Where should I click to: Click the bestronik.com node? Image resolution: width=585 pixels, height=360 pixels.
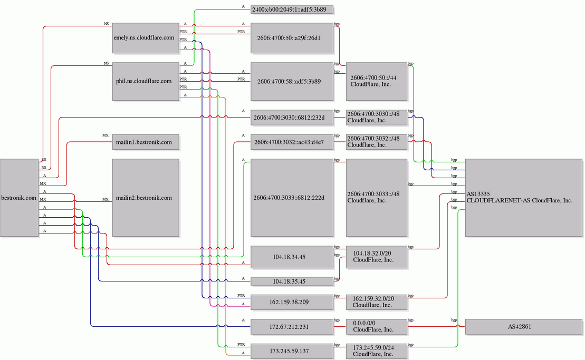[20, 198]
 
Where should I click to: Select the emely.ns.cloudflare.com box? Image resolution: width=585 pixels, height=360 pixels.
[146, 37]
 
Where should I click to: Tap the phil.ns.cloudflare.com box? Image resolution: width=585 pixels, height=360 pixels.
[146, 81]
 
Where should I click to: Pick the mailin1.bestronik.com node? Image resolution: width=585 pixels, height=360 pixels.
[146, 142]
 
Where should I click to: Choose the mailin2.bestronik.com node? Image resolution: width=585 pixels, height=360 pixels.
[146, 198]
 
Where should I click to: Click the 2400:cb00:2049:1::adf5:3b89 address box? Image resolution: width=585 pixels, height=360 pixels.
[292, 9]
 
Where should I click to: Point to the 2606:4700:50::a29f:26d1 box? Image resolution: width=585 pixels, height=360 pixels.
[292, 37]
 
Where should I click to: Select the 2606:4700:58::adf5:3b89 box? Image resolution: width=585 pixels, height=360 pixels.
[292, 81]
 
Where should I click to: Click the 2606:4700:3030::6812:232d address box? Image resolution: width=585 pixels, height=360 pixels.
[292, 118]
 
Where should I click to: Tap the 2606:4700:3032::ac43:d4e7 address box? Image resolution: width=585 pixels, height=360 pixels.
[292, 142]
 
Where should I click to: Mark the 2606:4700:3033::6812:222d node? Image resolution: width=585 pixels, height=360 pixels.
[292, 198]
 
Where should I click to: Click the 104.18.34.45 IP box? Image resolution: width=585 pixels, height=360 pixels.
[292, 257]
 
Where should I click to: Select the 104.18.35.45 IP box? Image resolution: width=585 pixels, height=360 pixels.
[292, 281]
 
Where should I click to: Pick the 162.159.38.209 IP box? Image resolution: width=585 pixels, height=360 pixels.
[292, 302]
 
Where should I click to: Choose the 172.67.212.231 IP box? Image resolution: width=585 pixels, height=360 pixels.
[292, 326]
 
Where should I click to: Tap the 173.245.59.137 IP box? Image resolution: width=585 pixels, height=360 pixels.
[292, 351]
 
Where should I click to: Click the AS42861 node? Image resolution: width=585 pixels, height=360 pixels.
[523, 326]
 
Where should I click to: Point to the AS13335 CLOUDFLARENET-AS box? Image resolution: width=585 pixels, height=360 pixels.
[523, 198]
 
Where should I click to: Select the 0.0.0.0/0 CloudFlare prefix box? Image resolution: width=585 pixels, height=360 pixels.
[377, 326]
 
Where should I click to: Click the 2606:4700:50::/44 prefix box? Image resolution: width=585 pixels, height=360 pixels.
[377, 81]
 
